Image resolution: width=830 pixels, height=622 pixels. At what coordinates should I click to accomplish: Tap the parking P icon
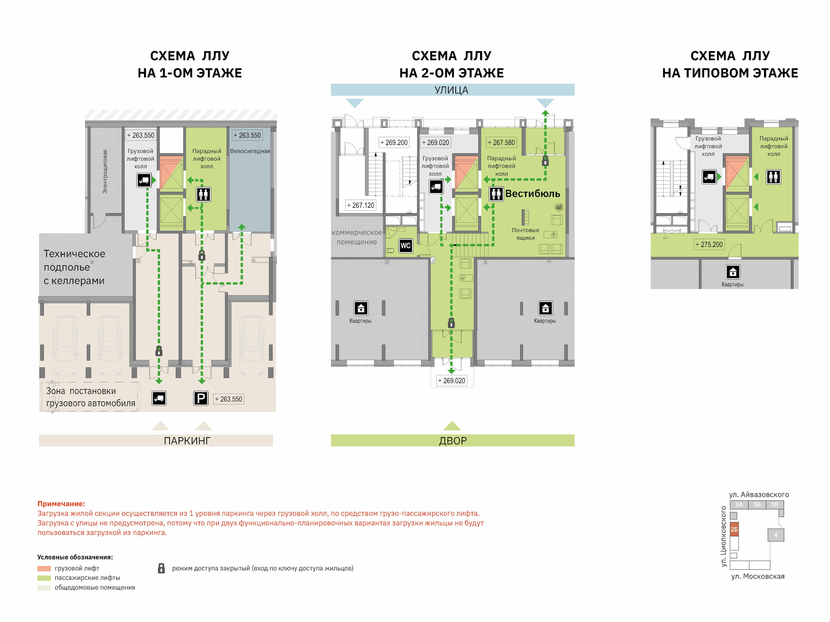point(201,398)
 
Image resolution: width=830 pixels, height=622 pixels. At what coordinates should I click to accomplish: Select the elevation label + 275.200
point(709,244)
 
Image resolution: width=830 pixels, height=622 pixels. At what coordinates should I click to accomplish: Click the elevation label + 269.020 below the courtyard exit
point(452,381)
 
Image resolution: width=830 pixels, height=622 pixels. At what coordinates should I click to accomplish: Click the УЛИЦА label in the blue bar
point(451,90)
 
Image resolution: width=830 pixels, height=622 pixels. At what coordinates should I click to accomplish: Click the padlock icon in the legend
point(161,568)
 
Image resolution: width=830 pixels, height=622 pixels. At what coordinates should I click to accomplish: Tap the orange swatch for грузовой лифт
point(44,568)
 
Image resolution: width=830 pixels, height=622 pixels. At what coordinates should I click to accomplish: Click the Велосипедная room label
point(250,151)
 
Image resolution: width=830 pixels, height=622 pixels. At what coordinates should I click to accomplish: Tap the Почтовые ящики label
point(525,234)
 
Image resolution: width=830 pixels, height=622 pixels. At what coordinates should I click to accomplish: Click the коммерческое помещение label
point(357,237)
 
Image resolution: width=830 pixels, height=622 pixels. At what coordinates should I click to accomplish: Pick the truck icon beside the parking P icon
point(159,398)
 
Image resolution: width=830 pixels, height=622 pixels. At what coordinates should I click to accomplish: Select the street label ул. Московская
point(758,576)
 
